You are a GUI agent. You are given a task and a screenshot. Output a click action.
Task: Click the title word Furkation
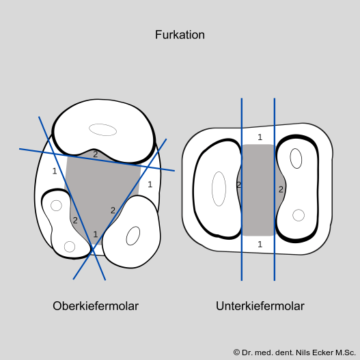click(180, 35)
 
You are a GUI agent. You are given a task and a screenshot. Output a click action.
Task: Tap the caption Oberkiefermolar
click(96, 306)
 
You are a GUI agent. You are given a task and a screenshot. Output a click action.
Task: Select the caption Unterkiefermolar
click(260, 306)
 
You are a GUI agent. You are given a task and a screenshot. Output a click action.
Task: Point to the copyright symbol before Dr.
click(237, 352)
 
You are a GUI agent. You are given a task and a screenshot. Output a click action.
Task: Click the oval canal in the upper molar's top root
click(102, 130)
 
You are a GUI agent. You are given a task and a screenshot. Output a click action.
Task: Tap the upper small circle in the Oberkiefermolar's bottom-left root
click(56, 206)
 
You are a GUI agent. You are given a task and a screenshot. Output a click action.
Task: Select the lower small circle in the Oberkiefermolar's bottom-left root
click(70, 247)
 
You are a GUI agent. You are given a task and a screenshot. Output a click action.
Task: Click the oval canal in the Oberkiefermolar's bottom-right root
click(133, 236)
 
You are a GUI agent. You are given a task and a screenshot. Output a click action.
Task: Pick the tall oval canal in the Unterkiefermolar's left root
click(219, 189)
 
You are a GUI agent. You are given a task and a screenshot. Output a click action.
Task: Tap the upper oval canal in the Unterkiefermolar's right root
click(296, 158)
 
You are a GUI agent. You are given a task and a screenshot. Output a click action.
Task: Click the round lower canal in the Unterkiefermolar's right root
click(299, 215)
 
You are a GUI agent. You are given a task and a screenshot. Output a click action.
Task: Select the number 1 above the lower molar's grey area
click(260, 137)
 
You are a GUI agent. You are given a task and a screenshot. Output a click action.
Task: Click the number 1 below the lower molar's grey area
click(260, 245)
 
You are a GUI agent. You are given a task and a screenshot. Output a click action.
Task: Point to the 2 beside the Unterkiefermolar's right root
click(281, 190)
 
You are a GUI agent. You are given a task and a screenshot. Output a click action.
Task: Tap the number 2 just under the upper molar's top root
click(95, 154)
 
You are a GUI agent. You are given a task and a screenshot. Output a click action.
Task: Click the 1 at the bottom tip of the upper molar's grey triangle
click(96, 234)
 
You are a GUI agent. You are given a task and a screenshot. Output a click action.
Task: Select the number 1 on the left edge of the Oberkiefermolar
click(55, 171)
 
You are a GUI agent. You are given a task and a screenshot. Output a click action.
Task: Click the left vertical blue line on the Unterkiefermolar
click(242, 189)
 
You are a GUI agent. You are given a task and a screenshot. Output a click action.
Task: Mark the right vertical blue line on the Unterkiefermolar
click(275, 189)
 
